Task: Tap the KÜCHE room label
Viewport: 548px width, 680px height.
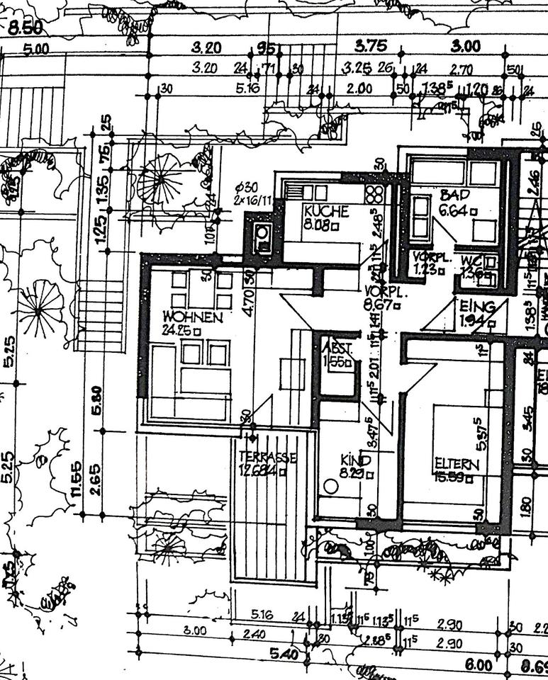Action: click(325, 211)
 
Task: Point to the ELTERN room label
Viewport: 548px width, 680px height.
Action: click(457, 465)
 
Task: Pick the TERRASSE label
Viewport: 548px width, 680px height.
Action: click(267, 457)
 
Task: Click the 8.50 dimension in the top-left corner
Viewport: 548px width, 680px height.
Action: click(26, 28)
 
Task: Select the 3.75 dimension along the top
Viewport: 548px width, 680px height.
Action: click(370, 46)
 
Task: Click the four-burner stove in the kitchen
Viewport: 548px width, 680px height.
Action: click(374, 193)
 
